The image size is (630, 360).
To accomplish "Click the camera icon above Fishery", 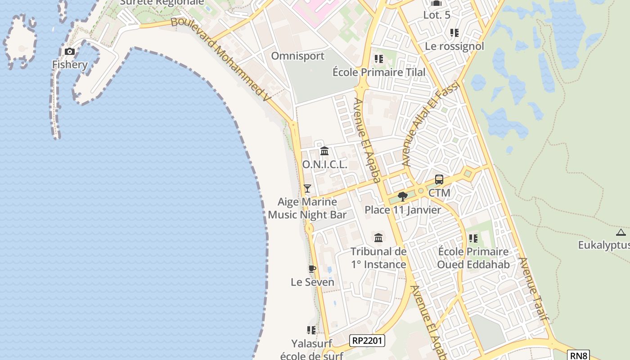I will coord(70,51).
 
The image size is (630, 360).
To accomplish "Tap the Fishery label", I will coord(70,64).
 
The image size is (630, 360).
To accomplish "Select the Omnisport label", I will coord(297,56).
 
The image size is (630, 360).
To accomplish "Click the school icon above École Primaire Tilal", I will coord(378,59).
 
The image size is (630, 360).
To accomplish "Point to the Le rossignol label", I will coord(454,46).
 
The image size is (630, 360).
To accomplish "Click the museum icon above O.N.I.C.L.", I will coord(324,151).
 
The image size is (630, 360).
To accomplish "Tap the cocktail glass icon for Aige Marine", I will coord(307,188).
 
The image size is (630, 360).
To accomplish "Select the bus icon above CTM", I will coord(439,180).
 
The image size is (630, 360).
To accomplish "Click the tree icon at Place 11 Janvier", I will coord(403,196).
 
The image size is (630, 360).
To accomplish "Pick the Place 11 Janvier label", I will coord(403,210).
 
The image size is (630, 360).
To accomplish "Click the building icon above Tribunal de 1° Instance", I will coord(378,238).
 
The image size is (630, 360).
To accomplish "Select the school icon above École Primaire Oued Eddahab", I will coord(473,238).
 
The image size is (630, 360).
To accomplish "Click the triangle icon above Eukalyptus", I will coord(621,232).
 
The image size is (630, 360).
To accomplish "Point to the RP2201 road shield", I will coord(367,341).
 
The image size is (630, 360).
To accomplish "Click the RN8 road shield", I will coord(578,355).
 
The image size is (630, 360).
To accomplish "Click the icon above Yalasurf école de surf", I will coord(311,330).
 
